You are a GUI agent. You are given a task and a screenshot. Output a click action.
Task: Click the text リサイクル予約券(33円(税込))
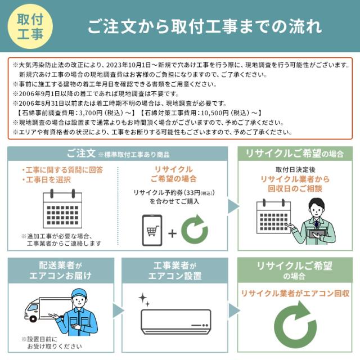pyautogui.click(x=173, y=193)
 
